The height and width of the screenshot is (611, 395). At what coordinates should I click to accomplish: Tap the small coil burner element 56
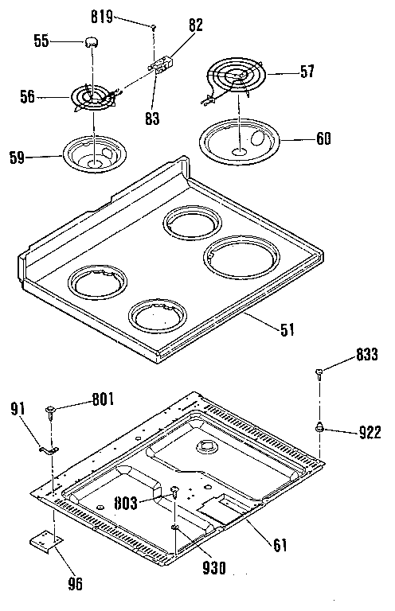click(x=92, y=98)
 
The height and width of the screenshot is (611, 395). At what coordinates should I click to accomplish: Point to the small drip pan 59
click(x=95, y=154)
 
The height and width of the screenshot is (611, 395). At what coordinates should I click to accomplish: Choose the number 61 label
click(x=280, y=546)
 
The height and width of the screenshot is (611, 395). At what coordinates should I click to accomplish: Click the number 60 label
click(x=324, y=139)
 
